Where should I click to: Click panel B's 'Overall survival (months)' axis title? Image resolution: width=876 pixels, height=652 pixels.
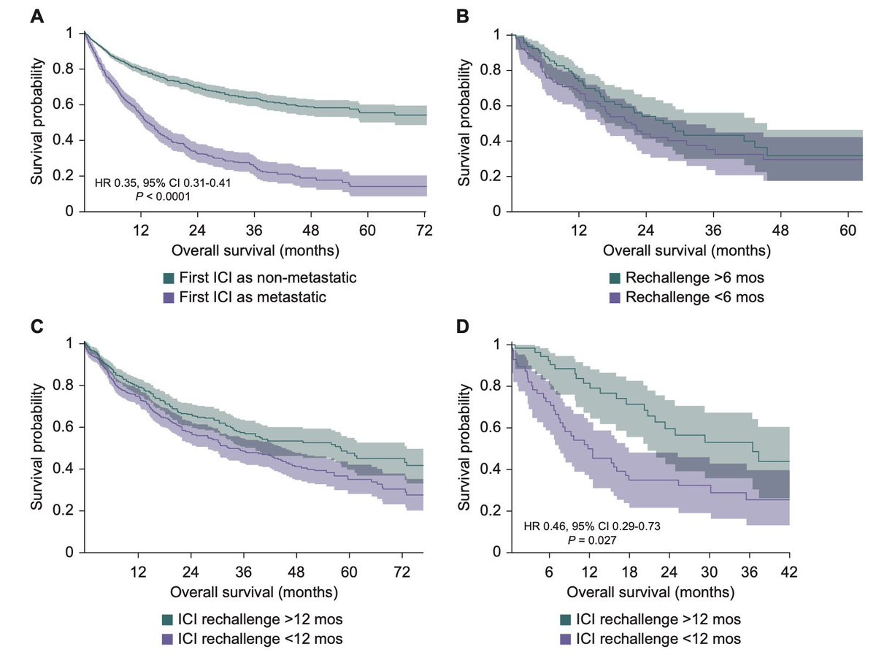coord(686,250)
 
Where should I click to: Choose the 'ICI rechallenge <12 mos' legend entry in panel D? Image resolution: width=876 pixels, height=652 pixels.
coord(650,640)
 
